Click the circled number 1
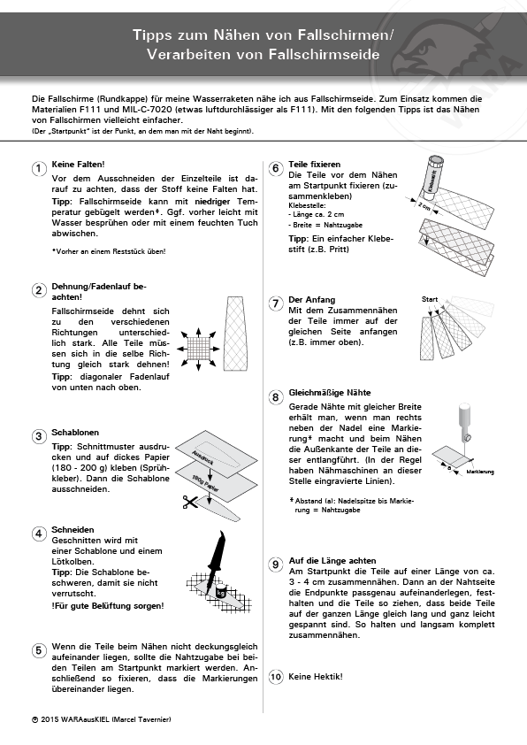click(38, 169)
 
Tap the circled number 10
click(276, 677)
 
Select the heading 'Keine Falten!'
click(78, 165)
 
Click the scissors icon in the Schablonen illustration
click(190, 502)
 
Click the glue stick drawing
click(433, 175)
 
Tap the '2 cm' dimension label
click(424, 206)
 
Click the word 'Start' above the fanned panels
click(430, 299)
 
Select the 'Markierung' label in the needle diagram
click(480, 472)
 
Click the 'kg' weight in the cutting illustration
click(220, 592)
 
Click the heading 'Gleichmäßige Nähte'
click(330, 393)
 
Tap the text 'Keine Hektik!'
click(316, 677)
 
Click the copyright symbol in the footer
click(34, 719)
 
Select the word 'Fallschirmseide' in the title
click(325, 54)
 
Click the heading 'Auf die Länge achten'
click(332, 561)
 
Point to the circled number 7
click(276, 304)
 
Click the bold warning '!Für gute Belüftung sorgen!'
click(108, 606)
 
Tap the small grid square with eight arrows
click(198, 349)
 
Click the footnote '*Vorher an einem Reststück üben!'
click(109, 251)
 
